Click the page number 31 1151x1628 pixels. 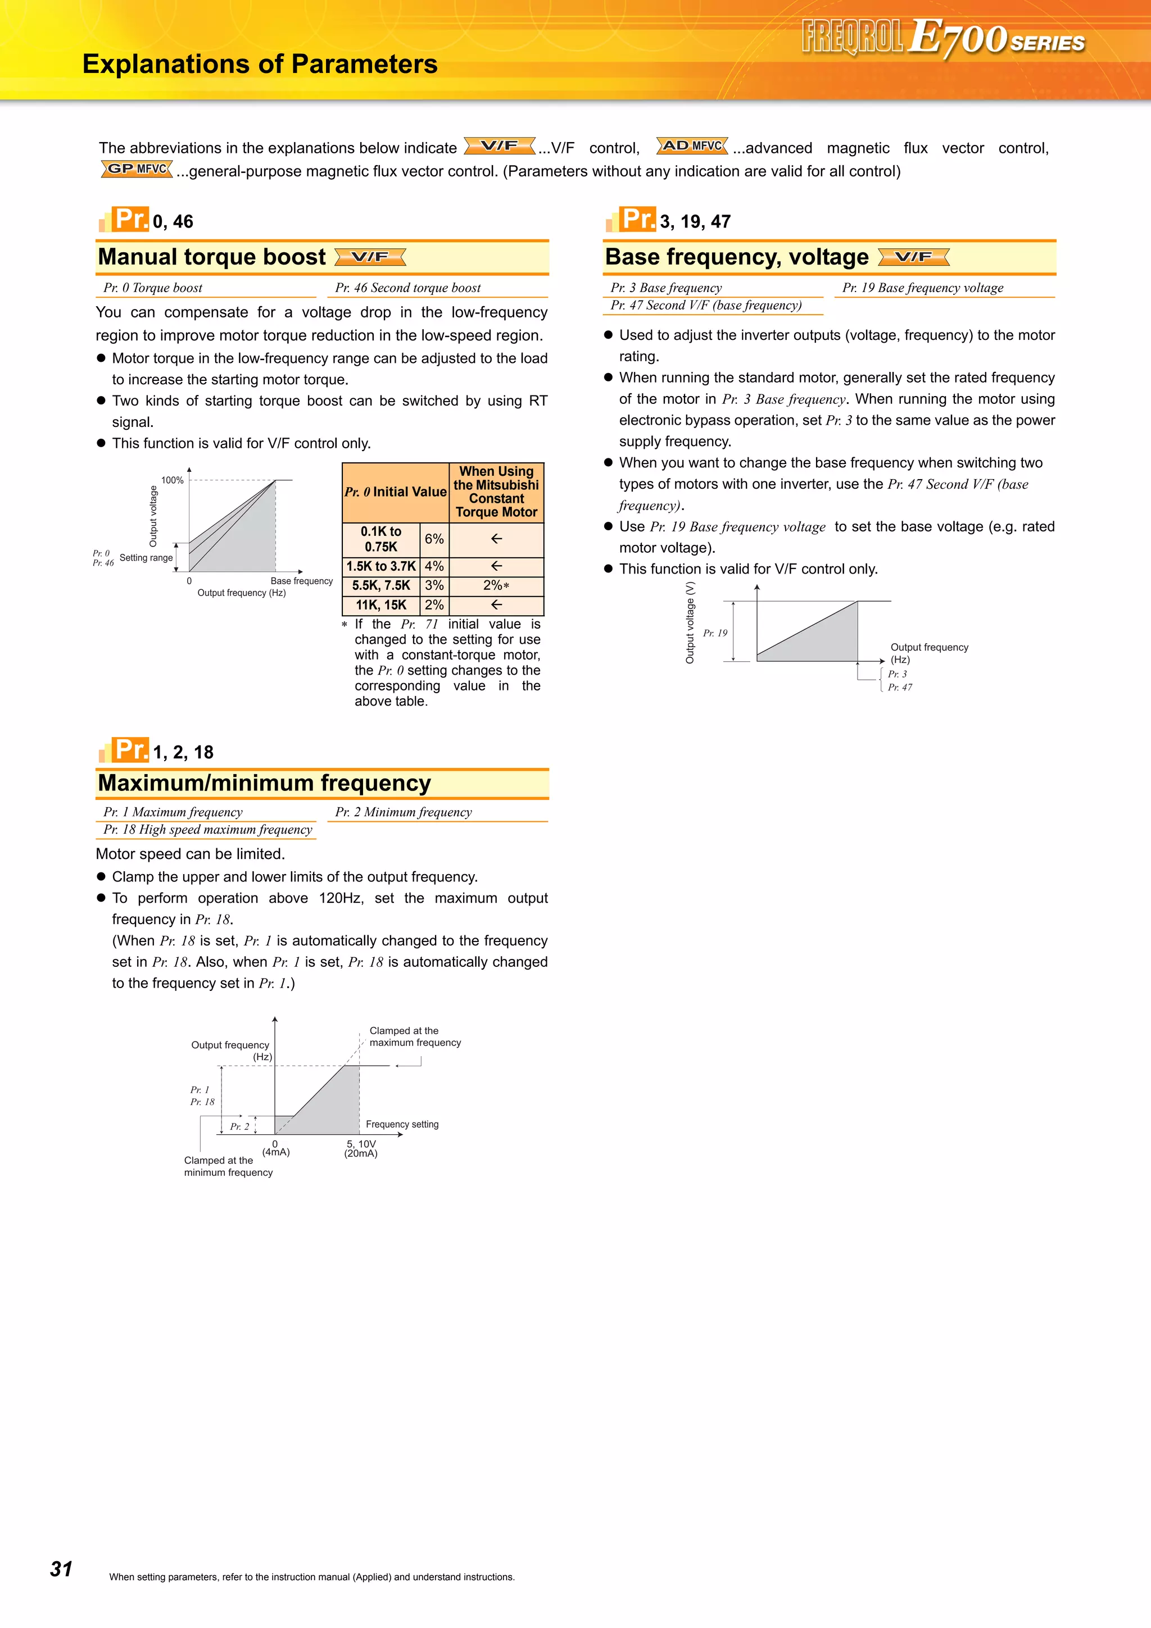[61, 1568]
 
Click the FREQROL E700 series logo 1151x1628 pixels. [942, 37]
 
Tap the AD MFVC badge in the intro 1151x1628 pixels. [692, 146]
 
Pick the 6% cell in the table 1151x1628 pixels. [434, 539]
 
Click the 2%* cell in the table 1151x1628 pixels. [496, 586]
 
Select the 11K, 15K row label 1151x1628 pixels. [381, 605]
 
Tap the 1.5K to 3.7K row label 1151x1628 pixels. [381, 566]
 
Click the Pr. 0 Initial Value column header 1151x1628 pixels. [395, 492]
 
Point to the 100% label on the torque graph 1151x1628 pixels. [173, 480]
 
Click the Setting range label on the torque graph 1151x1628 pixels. [146, 558]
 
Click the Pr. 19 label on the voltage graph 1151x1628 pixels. [715, 633]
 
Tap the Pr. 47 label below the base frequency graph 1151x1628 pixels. [900, 687]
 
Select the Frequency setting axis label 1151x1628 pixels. [402, 1124]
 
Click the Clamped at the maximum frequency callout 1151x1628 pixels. [415, 1036]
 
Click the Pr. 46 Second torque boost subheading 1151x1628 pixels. [408, 288]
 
